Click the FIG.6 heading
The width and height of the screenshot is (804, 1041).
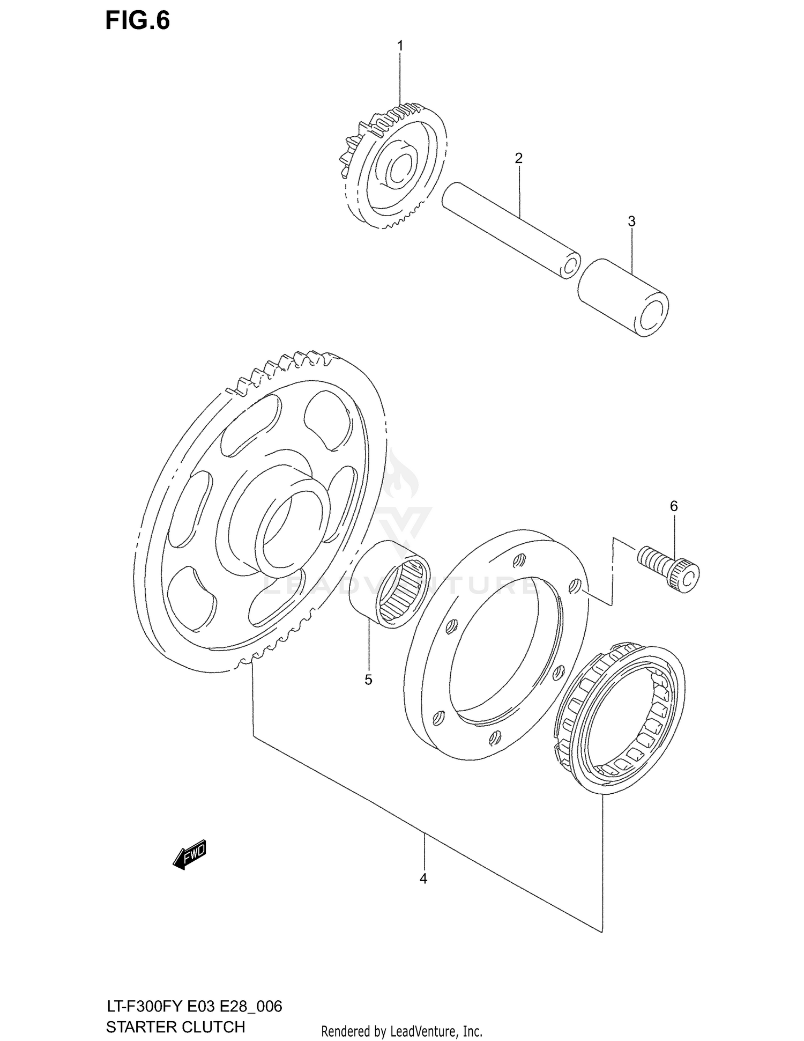click(137, 20)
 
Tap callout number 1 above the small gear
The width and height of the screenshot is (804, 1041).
click(400, 46)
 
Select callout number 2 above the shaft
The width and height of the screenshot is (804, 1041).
click(518, 158)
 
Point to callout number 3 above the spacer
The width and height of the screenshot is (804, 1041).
click(631, 221)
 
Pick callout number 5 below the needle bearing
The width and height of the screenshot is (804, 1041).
click(368, 680)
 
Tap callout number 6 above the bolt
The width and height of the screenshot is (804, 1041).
click(674, 506)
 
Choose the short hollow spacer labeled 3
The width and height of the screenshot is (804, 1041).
click(623, 297)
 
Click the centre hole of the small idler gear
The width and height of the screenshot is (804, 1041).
click(399, 171)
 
